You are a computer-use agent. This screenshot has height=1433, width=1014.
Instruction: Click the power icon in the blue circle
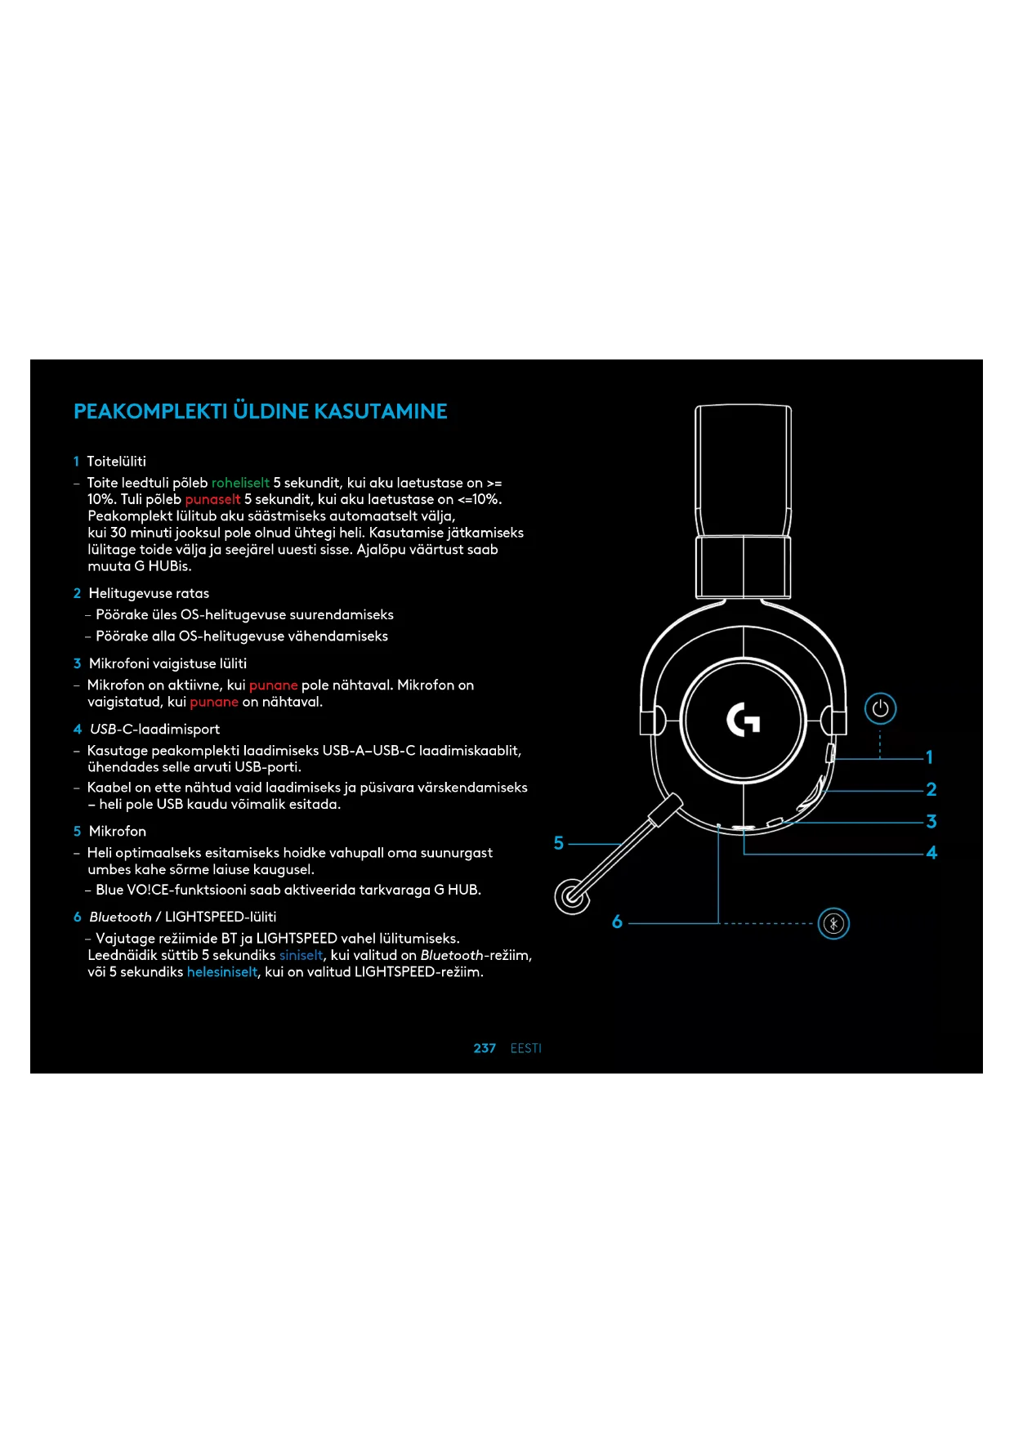(x=880, y=708)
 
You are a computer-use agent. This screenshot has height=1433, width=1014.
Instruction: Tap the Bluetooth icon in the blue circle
(x=833, y=924)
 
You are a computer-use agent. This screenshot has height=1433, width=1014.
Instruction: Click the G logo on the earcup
(x=744, y=720)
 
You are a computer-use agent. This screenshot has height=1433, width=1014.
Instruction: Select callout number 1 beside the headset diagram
(x=929, y=757)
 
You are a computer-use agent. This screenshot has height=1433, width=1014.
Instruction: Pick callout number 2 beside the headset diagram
(x=931, y=789)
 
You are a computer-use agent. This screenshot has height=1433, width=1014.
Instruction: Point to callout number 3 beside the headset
(x=931, y=821)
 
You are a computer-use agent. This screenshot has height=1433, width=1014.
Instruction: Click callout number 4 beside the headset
(x=931, y=853)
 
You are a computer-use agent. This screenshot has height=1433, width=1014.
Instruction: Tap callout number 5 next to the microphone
(x=559, y=843)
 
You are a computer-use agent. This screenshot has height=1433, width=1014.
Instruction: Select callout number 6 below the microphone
(x=617, y=922)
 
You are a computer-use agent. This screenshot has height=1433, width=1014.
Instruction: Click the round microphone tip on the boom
(x=572, y=896)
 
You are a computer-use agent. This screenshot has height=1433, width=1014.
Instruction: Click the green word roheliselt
(x=240, y=483)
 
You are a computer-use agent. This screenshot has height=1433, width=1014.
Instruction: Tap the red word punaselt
(x=212, y=499)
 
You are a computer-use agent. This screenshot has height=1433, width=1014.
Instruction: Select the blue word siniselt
(x=301, y=955)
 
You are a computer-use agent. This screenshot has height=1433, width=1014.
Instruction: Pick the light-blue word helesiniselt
(x=221, y=972)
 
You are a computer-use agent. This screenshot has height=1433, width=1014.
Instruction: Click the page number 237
(x=485, y=1048)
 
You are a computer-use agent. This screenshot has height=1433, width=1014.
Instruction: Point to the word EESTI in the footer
(x=525, y=1048)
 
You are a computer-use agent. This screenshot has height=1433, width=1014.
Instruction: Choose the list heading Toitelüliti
(x=116, y=462)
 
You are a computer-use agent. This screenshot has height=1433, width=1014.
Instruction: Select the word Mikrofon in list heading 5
(x=118, y=831)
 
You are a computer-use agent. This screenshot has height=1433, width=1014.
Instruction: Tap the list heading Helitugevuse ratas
(x=149, y=593)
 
